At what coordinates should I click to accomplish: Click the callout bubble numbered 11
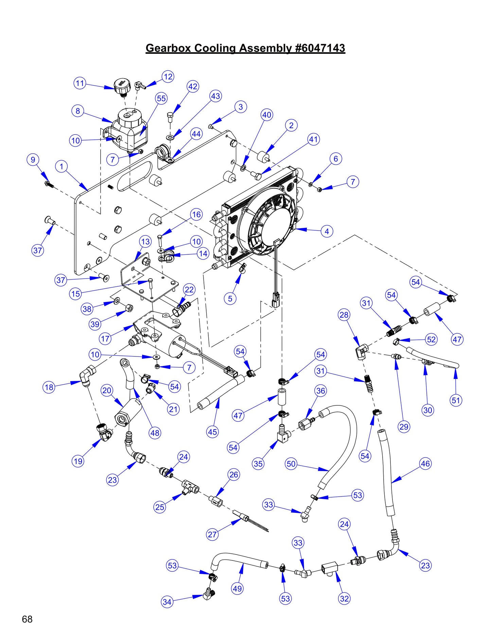(80, 83)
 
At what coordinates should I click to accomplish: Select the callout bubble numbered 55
(161, 98)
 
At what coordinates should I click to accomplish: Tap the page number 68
(27, 619)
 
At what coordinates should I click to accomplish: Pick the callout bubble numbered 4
(327, 231)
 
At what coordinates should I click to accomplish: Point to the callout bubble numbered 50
(291, 464)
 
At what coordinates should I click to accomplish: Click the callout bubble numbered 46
(425, 463)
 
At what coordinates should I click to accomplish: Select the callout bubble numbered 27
(212, 534)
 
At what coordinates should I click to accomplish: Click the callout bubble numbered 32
(344, 599)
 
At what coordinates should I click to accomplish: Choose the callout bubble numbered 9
(33, 160)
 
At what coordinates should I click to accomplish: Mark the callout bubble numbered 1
(62, 166)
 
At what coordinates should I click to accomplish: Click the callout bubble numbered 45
(212, 432)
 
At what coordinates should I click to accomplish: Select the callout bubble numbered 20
(107, 390)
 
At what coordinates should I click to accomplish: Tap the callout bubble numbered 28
(344, 315)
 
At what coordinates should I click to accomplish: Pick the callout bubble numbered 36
(321, 391)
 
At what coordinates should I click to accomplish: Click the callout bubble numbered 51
(456, 400)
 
